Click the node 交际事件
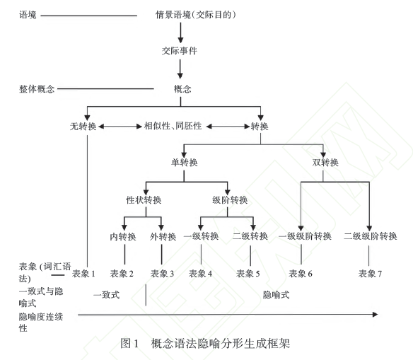click(180, 50)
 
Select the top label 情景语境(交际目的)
click(195, 15)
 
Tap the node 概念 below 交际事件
click(182, 88)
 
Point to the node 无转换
click(83, 127)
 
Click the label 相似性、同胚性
click(173, 126)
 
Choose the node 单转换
click(185, 162)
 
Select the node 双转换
click(325, 162)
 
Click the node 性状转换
click(144, 200)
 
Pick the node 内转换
click(123, 236)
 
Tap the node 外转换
click(163, 236)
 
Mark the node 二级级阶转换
click(371, 236)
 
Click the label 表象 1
click(83, 274)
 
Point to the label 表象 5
click(248, 274)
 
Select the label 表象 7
click(370, 274)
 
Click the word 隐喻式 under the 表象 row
click(276, 295)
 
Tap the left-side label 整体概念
click(37, 88)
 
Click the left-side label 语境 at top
click(28, 15)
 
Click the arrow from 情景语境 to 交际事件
click(180, 33)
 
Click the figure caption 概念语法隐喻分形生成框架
click(221, 344)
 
